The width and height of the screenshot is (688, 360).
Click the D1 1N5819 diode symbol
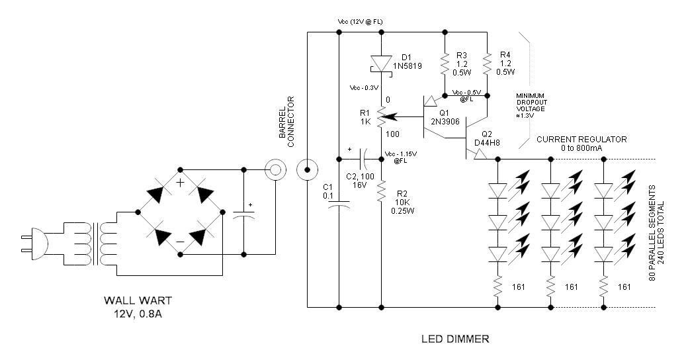click(382, 64)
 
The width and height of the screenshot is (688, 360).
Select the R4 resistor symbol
click(487, 64)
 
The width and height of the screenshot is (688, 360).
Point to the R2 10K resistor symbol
click(382, 192)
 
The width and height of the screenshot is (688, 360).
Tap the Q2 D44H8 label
click(488, 138)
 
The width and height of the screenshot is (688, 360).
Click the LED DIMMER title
click(455, 339)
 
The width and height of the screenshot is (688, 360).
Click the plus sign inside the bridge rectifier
click(179, 183)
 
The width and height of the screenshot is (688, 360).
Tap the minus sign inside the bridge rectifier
click(179, 242)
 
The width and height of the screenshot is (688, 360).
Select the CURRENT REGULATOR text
click(581, 140)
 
